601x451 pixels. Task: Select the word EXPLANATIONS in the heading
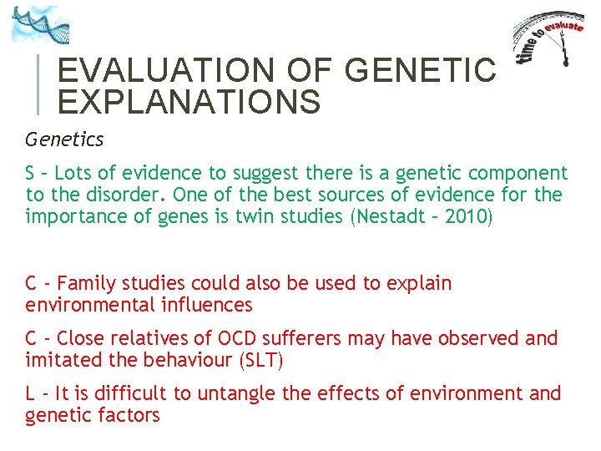click(189, 102)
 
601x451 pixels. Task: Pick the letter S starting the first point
click(30, 173)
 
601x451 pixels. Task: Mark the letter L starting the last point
click(30, 393)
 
